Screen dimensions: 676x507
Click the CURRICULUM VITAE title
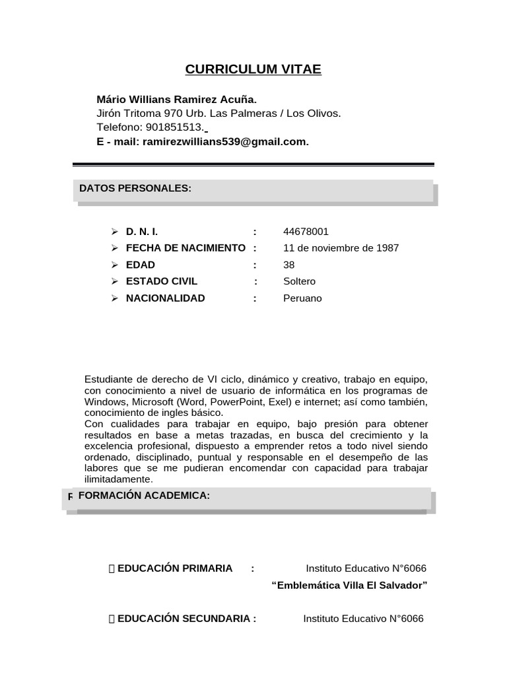pyautogui.click(x=253, y=69)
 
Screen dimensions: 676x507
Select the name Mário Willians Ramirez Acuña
pyautogui.click(x=176, y=99)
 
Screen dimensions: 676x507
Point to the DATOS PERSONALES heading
pyautogui.click(x=135, y=188)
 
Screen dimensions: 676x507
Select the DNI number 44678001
pyautogui.click(x=306, y=232)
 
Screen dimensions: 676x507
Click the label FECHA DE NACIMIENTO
pyautogui.click(x=185, y=248)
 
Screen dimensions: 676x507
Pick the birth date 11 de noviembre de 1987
pyautogui.click(x=341, y=248)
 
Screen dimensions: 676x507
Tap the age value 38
pyautogui.click(x=288, y=265)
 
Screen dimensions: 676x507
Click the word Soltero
pyautogui.click(x=299, y=281)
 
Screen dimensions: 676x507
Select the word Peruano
pyautogui.click(x=302, y=298)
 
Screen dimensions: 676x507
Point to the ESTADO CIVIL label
pyautogui.click(x=161, y=281)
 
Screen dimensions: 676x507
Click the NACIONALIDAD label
pyautogui.click(x=165, y=298)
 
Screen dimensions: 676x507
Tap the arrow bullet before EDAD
pyautogui.click(x=114, y=265)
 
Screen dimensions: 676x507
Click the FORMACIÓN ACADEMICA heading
pyautogui.click(x=144, y=495)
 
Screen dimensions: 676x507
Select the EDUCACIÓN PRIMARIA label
pyautogui.click(x=174, y=568)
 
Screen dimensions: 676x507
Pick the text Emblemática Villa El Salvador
pyautogui.click(x=350, y=585)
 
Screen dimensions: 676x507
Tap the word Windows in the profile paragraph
pyautogui.click(x=104, y=402)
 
